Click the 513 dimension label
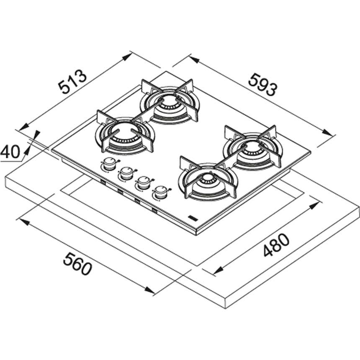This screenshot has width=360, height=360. (x=72, y=82)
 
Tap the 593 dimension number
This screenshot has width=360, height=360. (x=263, y=84)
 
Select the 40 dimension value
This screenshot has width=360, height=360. (x=10, y=152)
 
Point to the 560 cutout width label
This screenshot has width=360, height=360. (x=77, y=265)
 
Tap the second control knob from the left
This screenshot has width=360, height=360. (x=126, y=174)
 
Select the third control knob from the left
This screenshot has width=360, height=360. (x=143, y=183)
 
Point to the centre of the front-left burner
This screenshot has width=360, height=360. (x=124, y=136)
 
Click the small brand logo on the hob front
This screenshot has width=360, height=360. (x=192, y=218)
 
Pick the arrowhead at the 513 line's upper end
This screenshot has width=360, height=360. (x=127, y=57)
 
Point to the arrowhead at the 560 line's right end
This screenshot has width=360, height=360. (x=149, y=290)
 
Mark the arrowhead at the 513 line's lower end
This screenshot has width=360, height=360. (x=23, y=127)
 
